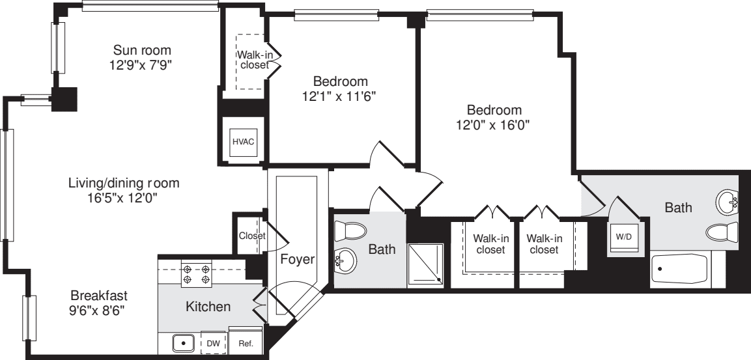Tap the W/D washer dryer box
(624, 237)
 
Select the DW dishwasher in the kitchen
(213, 343)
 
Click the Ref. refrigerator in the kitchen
(246, 343)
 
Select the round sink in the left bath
(345, 262)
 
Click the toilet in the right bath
(723, 232)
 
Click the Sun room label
(142, 50)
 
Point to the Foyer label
(298, 259)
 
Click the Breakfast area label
(99, 295)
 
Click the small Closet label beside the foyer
(251, 236)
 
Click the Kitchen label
(208, 306)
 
